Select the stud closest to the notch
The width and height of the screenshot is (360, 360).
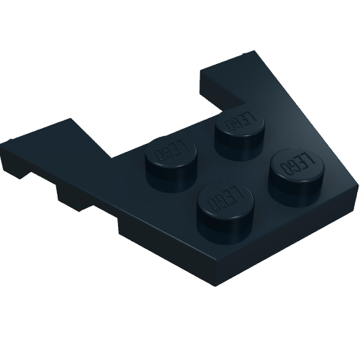[x=240, y=134]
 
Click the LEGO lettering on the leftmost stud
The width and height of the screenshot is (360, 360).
[x=171, y=150]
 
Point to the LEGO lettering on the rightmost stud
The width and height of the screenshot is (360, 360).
[x=297, y=164]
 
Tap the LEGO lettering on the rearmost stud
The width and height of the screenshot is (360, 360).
[x=240, y=120]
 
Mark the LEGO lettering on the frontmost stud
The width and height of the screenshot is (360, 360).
[x=225, y=197]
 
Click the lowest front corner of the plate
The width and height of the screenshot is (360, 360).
[x=215, y=286]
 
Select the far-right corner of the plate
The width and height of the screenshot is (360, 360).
[x=358, y=185]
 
